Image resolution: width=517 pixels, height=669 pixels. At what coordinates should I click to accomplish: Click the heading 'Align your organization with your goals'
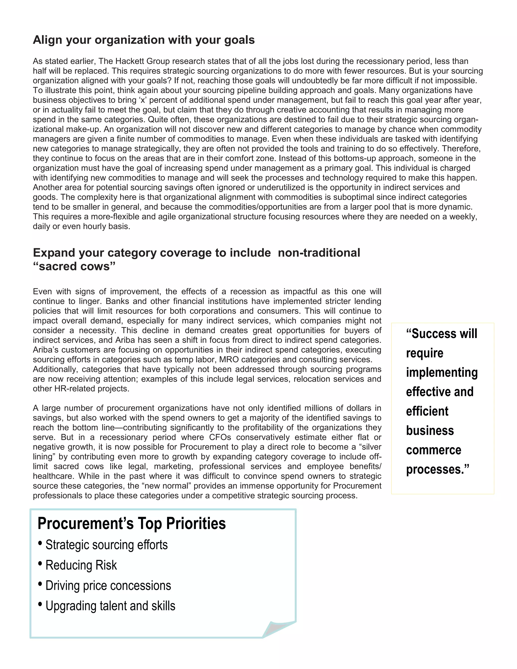pyautogui.click(x=144, y=40)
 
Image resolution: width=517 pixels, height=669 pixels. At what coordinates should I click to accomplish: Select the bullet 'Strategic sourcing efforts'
pyautogui.click(x=106, y=545)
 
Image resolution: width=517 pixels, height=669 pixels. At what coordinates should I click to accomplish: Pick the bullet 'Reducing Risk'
pyautogui.click(x=81, y=565)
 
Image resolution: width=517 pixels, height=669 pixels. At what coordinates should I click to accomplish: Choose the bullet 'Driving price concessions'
pyautogui.click(x=108, y=585)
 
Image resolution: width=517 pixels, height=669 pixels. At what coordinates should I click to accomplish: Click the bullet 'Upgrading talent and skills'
pyautogui.click(x=110, y=606)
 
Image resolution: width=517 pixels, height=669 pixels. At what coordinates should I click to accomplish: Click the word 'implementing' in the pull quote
pyautogui.click(x=442, y=372)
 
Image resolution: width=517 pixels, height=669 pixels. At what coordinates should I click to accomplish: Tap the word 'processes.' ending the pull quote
pyautogui.click(x=437, y=469)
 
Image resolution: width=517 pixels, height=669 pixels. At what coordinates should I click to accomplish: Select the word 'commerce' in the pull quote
pyautogui.click(x=433, y=450)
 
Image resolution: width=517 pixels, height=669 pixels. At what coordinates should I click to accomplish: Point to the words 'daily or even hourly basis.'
pyautogui.click(x=82, y=226)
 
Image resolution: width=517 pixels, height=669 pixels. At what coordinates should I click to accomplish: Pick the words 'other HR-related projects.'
pyautogui.click(x=81, y=389)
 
